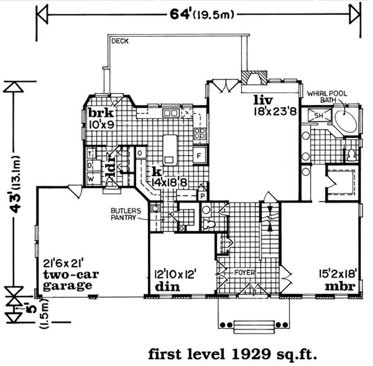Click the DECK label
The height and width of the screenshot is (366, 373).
pyautogui.click(x=120, y=41)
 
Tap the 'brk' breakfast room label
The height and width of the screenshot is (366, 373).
pyautogui.click(x=101, y=113)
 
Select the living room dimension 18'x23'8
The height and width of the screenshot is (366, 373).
pyautogui.click(x=275, y=111)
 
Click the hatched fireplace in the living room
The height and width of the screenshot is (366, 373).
pyautogui.click(x=254, y=78)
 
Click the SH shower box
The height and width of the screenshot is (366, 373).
pyautogui.click(x=319, y=116)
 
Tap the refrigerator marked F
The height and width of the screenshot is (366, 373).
pyautogui.click(x=200, y=156)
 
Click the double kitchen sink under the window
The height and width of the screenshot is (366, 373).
pyautogui.click(x=171, y=113)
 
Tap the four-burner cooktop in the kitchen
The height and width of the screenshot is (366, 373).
pyautogui.click(x=200, y=133)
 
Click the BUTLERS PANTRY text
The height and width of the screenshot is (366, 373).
pyautogui.click(x=126, y=214)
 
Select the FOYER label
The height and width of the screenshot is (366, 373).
pyautogui.click(x=244, y=273)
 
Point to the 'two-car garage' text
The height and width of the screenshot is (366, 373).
pyautogui.click(x=71, y=280)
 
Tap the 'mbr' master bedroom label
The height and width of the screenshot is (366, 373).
pyautogui.click(x=340, y=286)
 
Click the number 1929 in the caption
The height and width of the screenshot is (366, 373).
pyautogui.click(x=251, y=354)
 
